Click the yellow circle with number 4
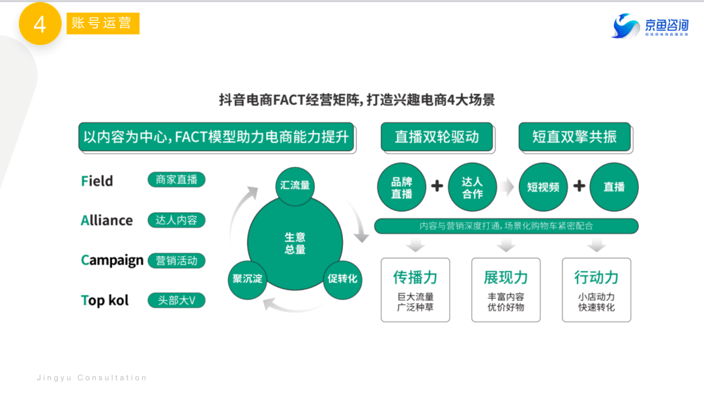[x=40, y=24]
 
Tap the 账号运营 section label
[x=102, y=23]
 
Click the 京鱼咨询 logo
[x=650, y=26]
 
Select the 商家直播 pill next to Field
[x=176, y=180]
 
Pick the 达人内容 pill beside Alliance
[x=176, y=220]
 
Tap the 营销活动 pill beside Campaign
[x=176, y=261]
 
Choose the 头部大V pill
[x=176, y=300]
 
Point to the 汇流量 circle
[x=295, y=185]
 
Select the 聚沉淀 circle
[x=248, y=279]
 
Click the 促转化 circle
[x=342, y=279]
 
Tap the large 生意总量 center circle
[x=295, y=243]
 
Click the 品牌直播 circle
[x=402, y=187]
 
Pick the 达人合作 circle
[x=472, y=187]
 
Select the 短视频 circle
[x=543, y=187]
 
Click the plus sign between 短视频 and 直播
[x=579, y=186]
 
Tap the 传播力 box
[x=415, y=289]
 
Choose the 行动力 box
[x=596, y=289]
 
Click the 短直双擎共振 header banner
[x=574, y=137]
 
